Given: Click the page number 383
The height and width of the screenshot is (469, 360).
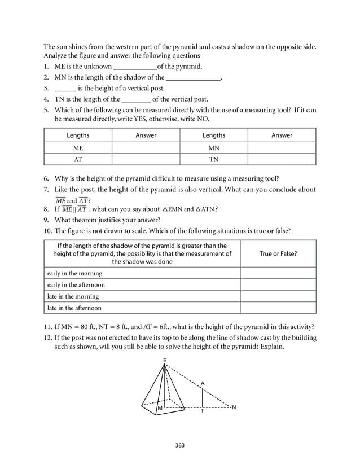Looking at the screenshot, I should [179, 445].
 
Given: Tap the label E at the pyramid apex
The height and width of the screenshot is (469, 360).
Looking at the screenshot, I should [164, 360].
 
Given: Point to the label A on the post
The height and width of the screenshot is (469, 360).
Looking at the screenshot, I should [203, 383].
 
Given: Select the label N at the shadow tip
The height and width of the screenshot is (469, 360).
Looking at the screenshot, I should [234, 407].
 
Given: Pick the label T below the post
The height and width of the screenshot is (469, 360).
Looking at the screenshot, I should [203, 411].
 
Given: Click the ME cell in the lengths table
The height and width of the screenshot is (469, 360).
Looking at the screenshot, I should [78, 147].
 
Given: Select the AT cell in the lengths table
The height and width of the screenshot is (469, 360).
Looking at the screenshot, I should [78, 159].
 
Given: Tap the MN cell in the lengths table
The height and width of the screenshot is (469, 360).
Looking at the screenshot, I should [213, 147].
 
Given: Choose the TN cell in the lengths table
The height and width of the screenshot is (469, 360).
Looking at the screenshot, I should [213, 159].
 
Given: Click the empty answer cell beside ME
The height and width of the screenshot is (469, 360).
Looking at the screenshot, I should [146, 147].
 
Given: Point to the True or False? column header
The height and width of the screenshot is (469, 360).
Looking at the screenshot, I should [278, 254].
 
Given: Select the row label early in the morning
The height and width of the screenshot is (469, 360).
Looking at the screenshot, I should [74, 274].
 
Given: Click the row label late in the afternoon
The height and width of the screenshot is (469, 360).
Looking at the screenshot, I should [74, 308].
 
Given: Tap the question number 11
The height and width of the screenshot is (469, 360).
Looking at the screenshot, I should [47, 326].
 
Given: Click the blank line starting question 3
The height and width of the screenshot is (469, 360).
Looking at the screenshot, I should [65, 89].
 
